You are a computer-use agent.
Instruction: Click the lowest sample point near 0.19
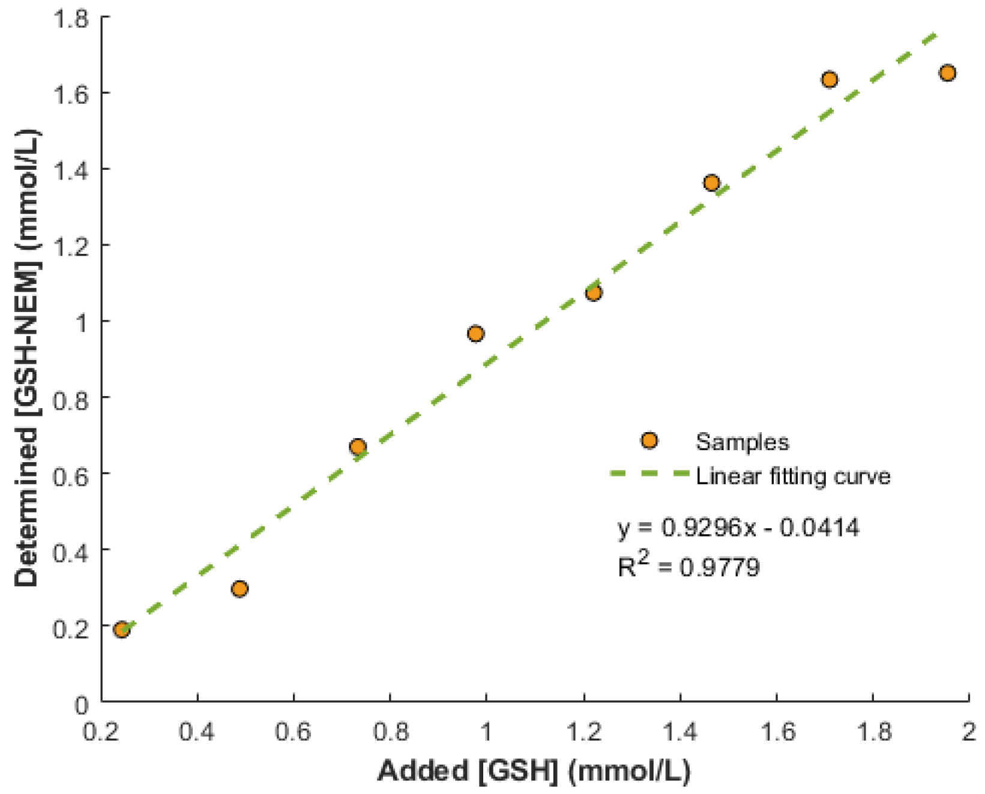click(x=122, y=629)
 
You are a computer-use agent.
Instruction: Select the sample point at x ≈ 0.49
click(x=239, y=588)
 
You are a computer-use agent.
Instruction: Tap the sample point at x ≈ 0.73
click(x=358, y=447)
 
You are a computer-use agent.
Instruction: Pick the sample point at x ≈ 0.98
click(x=475, y=334)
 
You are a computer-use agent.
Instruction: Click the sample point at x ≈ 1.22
click(x=594, y=293)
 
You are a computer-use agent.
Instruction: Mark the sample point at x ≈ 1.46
click(x=711, y=182)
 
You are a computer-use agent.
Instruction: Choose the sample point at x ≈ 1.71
click(x=830, y=79)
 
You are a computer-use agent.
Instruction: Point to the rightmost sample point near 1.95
click(x=947, y=73)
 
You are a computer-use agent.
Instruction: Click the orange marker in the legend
click(x=649, y=441)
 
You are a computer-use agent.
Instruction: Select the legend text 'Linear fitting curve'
click(x=793, y=477)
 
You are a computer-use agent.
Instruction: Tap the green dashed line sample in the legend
click(x=649, y=474)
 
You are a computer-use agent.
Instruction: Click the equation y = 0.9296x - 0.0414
click(x=738, y=528)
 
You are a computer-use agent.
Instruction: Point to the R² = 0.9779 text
click(x=688, y=566)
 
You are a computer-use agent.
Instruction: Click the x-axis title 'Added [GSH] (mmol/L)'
click(x=534, y=771)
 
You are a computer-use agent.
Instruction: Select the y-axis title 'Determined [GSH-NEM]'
click(x=27, y=358)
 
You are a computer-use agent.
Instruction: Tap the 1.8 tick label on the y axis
click(x=71, y=18)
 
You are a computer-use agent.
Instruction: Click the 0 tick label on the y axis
click(x=81, y=705)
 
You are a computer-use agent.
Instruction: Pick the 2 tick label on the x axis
click(x=968, y=732)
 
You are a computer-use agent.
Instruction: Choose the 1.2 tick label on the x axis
click(x=583, y=732)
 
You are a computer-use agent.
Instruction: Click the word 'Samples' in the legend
click(x=742, y=442)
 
